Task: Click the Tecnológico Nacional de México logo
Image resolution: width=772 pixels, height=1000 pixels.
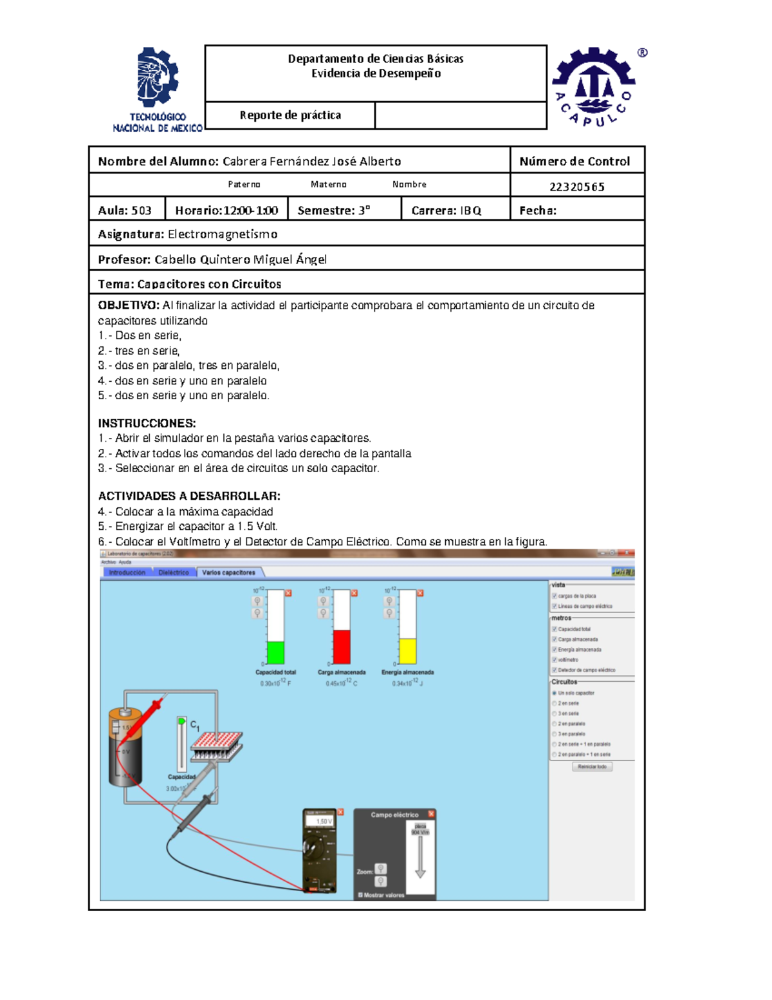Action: tap(158, 90)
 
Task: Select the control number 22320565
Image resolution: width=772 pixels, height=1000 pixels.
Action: tap(576, 187)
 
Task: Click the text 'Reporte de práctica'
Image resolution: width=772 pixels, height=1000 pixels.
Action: tap(290, 115)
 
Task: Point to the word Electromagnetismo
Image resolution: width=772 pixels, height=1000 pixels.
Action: tap(223, 234)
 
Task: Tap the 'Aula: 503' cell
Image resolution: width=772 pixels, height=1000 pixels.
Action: tap(125, 211)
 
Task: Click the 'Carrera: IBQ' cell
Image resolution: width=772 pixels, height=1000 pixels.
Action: tap(446, 211)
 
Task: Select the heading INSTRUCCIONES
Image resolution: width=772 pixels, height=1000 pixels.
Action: tap(147, 423)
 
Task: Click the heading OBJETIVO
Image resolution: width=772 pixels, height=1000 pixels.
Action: tap(128, 305)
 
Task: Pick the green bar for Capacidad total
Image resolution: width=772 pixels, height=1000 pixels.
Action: tap(275, 652)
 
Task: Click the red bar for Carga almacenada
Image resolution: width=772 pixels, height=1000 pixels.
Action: tap(342, 646)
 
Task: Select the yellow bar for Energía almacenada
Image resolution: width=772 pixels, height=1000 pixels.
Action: tap(408, 651)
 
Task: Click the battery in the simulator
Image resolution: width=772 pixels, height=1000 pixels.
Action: tap(125, 747)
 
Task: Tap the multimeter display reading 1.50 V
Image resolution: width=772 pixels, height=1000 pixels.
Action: tap(320, 822)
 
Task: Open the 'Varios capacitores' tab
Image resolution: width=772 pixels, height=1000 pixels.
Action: tap(228, 572)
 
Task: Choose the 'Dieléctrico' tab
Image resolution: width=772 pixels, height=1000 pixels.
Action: tap(174, 572)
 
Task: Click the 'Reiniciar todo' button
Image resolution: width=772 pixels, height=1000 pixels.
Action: tap(592, 767)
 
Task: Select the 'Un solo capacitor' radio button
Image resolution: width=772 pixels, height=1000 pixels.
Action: tap(555, 693)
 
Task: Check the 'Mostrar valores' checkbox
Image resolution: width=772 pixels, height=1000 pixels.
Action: tap(360, 895)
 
